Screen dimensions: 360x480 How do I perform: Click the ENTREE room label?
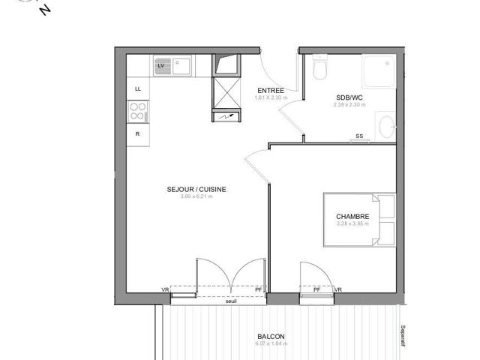coord(270,90)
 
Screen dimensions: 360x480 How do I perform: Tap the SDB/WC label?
coord(349,97)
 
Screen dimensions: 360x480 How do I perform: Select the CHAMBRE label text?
coord(352,217)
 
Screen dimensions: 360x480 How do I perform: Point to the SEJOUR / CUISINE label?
coord(196,190)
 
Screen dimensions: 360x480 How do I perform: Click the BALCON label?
coord(270,337)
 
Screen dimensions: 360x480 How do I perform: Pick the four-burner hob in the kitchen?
coord(138,112)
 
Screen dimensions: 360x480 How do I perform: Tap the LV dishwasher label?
coord(160,66)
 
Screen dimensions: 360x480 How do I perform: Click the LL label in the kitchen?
coord(137,88)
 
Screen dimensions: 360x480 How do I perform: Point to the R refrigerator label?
coord(137,133)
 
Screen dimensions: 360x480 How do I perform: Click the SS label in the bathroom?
coord(359,136)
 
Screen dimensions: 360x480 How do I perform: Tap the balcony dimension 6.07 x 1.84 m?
coord(270,344)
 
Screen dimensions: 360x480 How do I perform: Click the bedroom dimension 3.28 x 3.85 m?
coord(352,223)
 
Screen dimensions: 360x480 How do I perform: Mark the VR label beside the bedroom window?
coord(338,290)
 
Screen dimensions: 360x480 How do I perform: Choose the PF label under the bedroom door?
coord(316,290)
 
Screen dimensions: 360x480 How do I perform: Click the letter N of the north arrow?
coord(47,9)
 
